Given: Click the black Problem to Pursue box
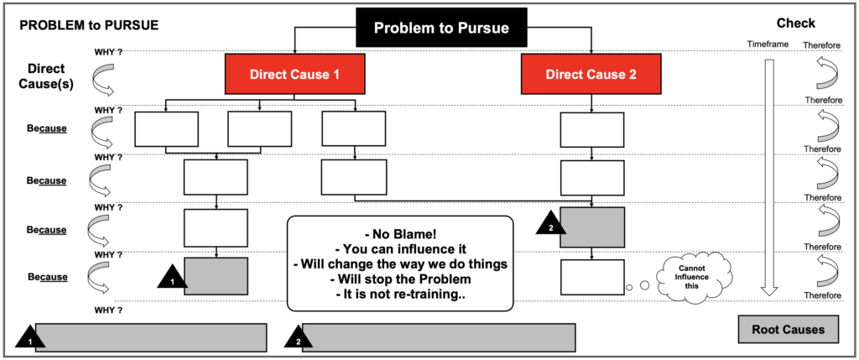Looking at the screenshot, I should coord(440,28).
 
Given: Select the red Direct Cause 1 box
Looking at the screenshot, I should coord(294,74).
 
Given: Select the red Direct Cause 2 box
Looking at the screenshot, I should coord(591,74).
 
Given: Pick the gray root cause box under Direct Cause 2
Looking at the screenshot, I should coord(592,227).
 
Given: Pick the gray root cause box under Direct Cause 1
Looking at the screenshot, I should coord(216,276).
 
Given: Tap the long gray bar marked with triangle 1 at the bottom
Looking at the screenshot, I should coord(151,337).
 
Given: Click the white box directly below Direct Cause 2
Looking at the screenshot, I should coord(592,128).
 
